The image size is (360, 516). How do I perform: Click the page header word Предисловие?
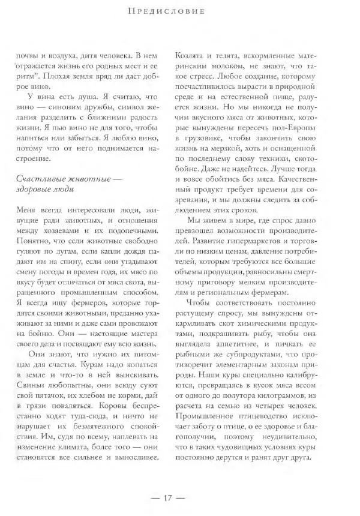[x=179, y=11]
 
